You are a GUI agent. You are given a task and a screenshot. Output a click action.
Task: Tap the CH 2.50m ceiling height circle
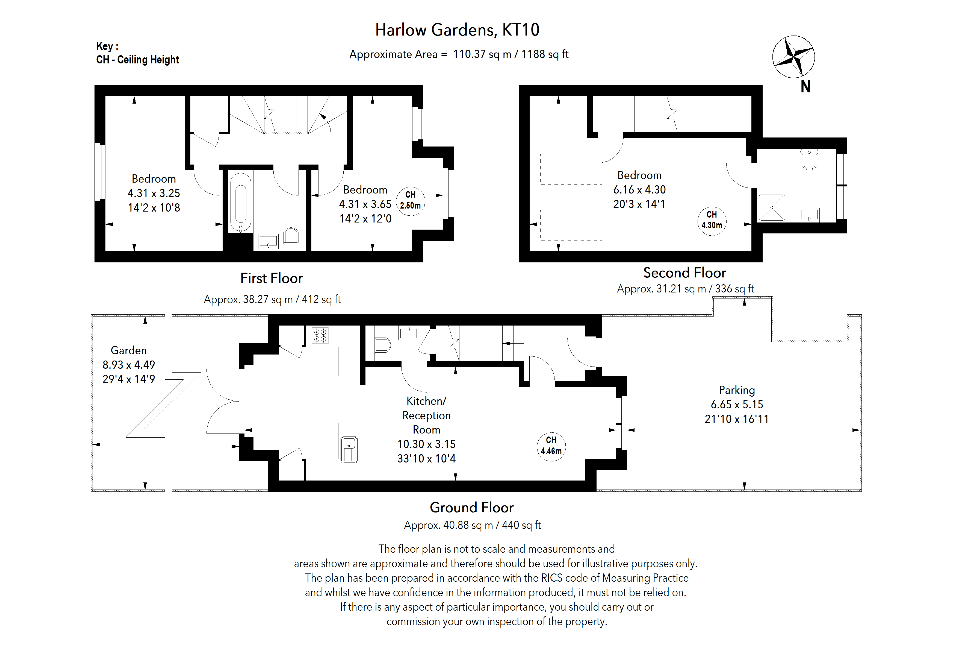410,200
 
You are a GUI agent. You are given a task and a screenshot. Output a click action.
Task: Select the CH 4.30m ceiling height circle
712,220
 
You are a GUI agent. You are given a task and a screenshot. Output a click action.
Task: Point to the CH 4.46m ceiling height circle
551,446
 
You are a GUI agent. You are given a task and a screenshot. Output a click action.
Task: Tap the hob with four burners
320,335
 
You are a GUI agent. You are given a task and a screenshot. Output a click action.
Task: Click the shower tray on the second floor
772,207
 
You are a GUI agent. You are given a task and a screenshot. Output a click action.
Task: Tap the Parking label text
736,390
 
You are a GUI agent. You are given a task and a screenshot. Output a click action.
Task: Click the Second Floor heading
684,273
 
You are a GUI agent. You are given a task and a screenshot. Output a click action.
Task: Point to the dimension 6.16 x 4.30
639,190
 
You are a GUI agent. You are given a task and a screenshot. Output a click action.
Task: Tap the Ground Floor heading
471,507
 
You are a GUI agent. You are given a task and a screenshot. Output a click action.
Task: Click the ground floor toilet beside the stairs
382,345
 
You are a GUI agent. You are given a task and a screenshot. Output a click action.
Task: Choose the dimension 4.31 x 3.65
365,204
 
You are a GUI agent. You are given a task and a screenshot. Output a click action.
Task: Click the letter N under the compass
805,87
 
